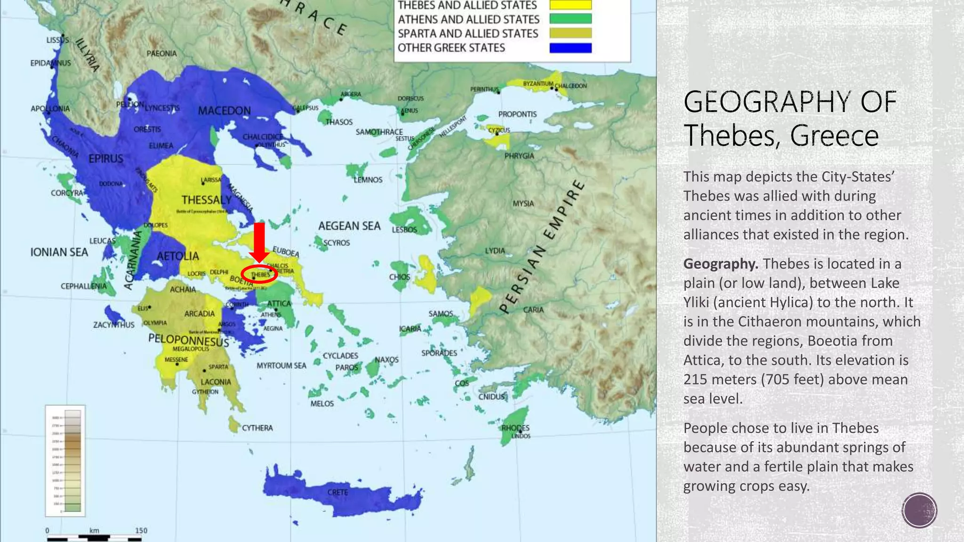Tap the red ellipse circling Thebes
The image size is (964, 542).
259,274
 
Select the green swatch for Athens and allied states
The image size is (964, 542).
570,19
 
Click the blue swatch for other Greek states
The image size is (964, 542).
570,48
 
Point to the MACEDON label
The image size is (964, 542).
224,111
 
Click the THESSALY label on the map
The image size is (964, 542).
207,200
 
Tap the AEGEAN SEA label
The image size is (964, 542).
349,226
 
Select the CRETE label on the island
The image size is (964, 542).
337,492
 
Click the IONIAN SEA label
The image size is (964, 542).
59,252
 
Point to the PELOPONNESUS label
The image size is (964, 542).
188,340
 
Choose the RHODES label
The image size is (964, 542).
515,428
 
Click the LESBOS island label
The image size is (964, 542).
404,230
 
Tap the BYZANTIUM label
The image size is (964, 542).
538,84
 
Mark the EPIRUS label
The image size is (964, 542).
106,159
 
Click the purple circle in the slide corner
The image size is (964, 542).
919,510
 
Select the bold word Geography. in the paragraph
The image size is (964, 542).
720,263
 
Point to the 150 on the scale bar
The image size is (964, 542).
141,530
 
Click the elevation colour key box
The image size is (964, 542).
65,460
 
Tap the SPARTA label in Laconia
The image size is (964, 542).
218,367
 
